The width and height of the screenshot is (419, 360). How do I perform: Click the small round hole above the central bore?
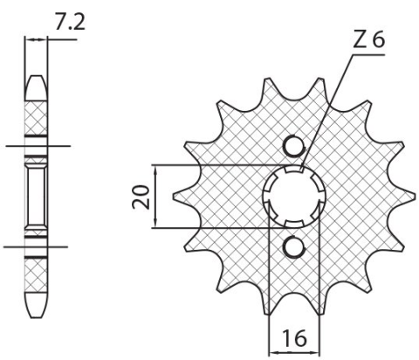pos(296,146)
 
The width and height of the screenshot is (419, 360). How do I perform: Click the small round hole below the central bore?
pos(296,247)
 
